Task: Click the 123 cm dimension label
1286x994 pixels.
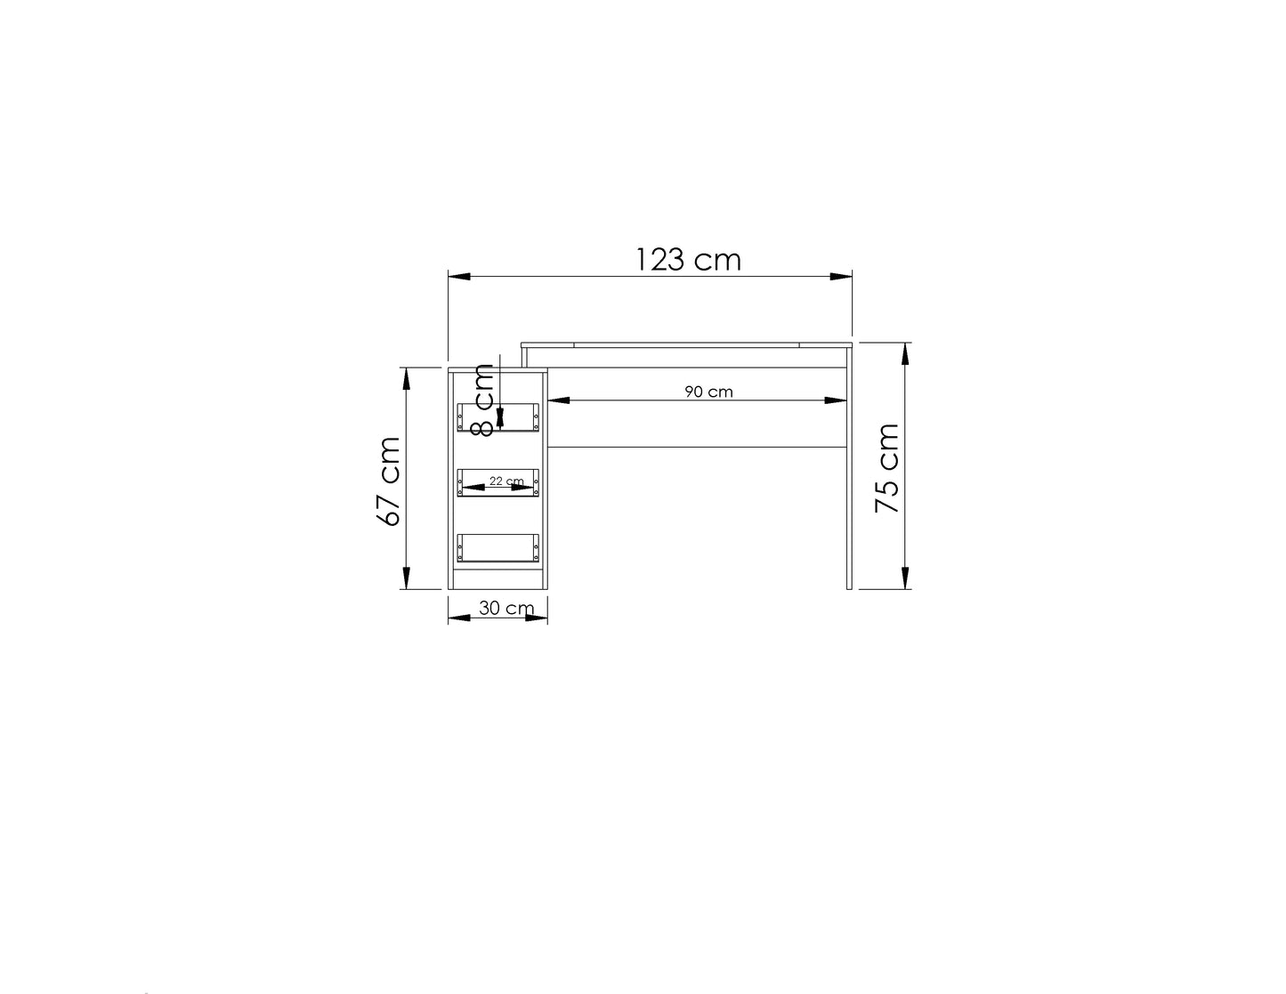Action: point(688,260)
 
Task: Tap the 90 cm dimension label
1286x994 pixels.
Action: point(708,392)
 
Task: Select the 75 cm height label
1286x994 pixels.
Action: point(886,468)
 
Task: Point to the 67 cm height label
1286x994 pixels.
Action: point(388,481)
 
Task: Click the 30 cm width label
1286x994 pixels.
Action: point(506,608)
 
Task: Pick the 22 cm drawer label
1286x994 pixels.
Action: point(506,481)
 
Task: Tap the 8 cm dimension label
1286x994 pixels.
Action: point(483,400)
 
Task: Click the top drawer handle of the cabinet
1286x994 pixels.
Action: point(497,417)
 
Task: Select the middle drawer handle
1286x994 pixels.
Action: point(497,482)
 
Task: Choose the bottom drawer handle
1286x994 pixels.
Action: point(497,547)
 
